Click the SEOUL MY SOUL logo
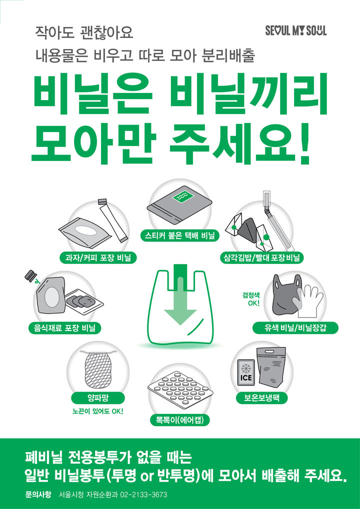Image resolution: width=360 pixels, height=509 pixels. pyautogui.click(x=296, y=31)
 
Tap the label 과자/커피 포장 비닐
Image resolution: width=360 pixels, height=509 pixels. pyautogui.click(x=98, y=257)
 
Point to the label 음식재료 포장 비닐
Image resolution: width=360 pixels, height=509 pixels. pyautogui.click(x=64, y=328)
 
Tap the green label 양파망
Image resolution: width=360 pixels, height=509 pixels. pyautogui.click(x=98, y=398)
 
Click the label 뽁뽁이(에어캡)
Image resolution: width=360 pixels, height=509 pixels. pyautogui.click(x=179, y=419)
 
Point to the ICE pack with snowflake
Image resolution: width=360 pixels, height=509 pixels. pyautogui.click(x=246, y=372)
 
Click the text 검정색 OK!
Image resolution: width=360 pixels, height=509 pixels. pyautogui.click(x=251, y=299)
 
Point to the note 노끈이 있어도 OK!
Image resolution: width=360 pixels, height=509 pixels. pyautogui.click(x=98, y=411)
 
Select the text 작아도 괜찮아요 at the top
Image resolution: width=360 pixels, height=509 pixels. pyautogui.click(x=84, y=33)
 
